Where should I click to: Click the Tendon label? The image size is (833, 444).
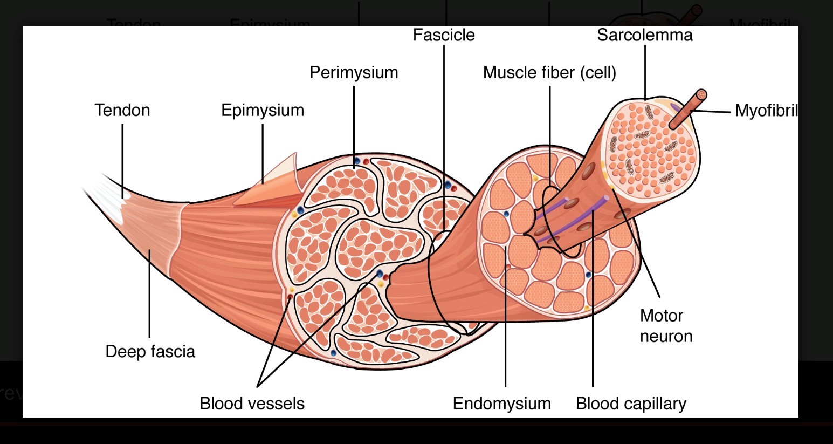click(122, 110)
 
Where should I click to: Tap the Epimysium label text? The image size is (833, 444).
click(263, 110)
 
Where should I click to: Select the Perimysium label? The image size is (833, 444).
click(354, 72)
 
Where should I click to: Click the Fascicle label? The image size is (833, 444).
click(444, 35)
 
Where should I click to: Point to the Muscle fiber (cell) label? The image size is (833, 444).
click(549, 72)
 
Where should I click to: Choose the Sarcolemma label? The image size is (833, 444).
click(644, 35)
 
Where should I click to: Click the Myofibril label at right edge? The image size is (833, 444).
click(766, 111)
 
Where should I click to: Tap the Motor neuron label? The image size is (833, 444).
click(665, 325)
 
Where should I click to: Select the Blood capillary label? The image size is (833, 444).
click(631, 404)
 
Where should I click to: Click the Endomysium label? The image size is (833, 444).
click(501, 404)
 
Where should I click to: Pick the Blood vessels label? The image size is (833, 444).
click(252, 404)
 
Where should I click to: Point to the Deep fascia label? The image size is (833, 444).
click(150, 351)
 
